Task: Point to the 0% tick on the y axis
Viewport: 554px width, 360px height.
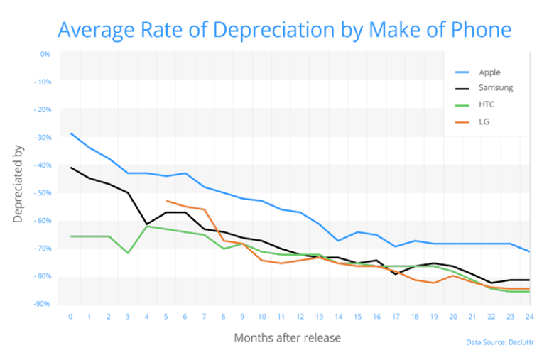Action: pyautogui.click(x=45, y=54)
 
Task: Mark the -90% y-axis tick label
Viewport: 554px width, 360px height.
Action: pyautogui.click(x=42, y=304)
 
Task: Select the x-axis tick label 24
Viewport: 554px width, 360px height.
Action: pyautogui.click(x=528, y=316)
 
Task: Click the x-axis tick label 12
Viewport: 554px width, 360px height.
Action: pyautogui.click(x=300, y=316)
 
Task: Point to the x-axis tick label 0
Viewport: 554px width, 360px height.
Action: pyautogui.click(x=70, y=316)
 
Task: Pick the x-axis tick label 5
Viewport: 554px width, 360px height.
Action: pyautogui.click(x=166, y=316)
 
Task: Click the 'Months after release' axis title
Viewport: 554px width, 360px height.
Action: pyautogui.click(x=287, y=338)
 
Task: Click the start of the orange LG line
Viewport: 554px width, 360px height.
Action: pyautogui.click(x=166, y=201)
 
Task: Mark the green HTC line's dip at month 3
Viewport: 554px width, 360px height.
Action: pyautogui.click(x=128, y=253)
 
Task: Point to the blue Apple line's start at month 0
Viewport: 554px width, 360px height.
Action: pyautogui.click(x=71, y=133)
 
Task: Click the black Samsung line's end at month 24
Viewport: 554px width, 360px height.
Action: pyautogui.click(x=528, y=280)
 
